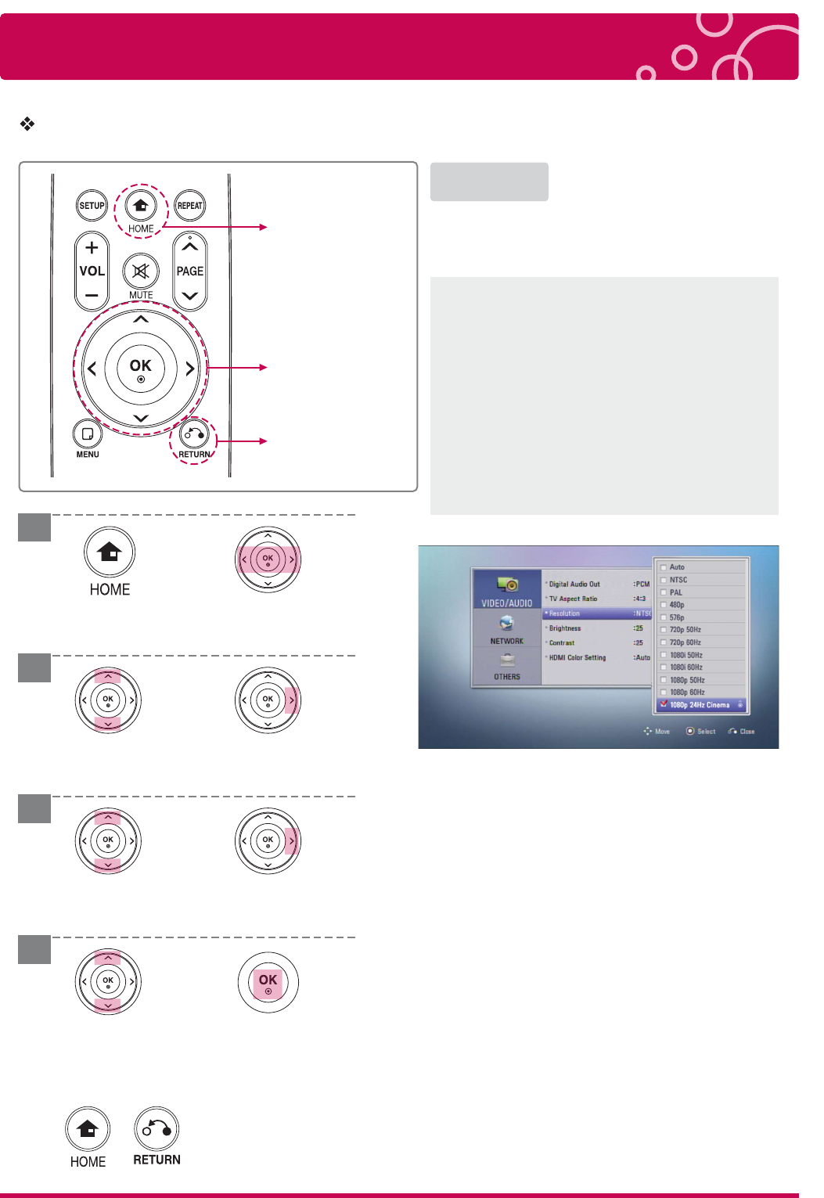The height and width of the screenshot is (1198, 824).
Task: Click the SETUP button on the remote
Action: pyautogui.click(x=92, y=205)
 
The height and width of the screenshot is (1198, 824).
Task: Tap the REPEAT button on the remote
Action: pyautogui.click(x=190, y=205)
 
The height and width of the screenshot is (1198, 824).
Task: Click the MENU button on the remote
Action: pyautogui.click(x=87, y=434)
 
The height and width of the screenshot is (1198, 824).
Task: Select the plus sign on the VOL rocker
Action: pyautogui.click(x=92, y=247)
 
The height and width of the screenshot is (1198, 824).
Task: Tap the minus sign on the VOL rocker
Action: pyautogui.click(x=92, y=295)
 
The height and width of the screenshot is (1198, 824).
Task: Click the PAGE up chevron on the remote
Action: pyautogui.click(x=190, y=246)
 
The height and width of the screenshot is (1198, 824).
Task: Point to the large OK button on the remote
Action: pyautogui.click(x=141, y=369)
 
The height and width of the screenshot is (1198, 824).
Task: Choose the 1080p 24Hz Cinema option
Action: pyautogui.click(x=700, y=705)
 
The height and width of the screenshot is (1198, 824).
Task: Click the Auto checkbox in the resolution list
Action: pyautogui.click(x=663, y=567)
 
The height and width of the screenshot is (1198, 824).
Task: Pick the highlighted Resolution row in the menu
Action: pyautogui.click(x=597, y=613)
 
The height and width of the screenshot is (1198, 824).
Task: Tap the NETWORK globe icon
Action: pyautogui.click(x=506, y=624)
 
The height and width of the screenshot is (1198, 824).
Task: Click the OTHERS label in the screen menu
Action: pyautogui.click(x=507, y=677)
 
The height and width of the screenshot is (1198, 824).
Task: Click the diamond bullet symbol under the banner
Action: pyautogui.click(x=27, y=124)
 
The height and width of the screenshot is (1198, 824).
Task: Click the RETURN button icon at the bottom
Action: pyautogui.click(x=157, y=1128)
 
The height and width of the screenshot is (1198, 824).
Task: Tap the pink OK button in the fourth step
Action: pyautogui.click(x=268, y=983)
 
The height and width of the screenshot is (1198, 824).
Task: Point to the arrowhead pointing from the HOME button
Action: pyautogui.click(x=263, y=227)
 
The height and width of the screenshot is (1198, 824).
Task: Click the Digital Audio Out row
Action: pyautogui.click(x=597, y=584)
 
